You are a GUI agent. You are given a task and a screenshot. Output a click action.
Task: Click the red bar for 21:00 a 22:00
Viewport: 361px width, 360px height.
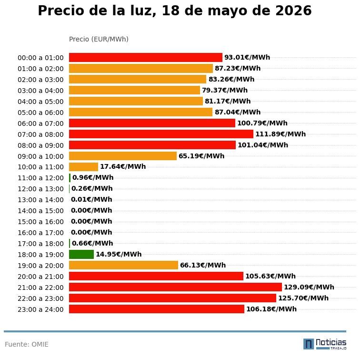point(175,287)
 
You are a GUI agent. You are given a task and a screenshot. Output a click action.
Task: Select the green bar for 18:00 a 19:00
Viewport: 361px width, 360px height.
point(81,255)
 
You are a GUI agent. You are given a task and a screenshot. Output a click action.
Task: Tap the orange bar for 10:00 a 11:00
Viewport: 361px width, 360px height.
point(83,167)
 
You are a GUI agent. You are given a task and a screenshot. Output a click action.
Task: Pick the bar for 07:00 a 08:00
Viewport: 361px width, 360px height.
point(161,134)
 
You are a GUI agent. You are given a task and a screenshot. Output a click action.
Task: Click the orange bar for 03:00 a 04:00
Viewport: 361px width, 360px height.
point(134,90)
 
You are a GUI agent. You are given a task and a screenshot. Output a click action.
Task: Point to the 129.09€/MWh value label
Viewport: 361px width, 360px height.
point(309,287)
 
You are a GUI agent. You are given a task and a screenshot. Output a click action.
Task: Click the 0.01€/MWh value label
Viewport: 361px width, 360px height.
point(91,199)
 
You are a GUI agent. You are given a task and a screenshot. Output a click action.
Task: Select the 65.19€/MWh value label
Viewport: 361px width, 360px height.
point(201,156)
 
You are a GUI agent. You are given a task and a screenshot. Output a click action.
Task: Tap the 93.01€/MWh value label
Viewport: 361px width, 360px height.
point(247,57)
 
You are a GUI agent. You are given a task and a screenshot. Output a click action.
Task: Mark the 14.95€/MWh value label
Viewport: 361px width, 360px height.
point(119,254)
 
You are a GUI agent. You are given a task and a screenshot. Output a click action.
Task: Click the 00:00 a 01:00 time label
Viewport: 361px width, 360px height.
point(40,58)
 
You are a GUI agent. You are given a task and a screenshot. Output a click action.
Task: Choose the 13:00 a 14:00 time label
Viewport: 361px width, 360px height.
point(40,200)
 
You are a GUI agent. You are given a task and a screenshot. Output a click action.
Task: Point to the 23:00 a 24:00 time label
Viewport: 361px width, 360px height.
point(40,309)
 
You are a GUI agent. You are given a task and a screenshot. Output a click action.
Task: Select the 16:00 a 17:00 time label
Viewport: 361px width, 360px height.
point(40,233)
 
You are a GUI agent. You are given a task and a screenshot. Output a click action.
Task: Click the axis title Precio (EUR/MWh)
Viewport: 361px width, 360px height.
point(99,39)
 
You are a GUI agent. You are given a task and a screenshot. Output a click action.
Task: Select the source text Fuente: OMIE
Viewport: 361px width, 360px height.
point(27,344)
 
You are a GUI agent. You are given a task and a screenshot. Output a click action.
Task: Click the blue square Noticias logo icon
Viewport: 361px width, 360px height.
point(309,344)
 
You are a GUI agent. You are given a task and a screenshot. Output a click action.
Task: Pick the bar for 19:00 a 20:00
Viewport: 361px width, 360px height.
point(124,265)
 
